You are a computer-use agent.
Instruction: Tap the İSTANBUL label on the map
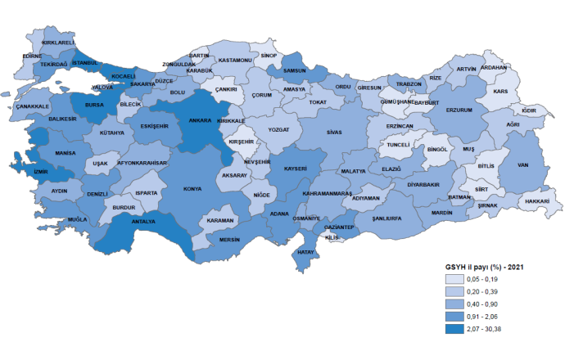click(x=85, y=62)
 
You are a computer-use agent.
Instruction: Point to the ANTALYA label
click(x=142, y=220)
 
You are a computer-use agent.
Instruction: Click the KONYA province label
click(x=193, y=189)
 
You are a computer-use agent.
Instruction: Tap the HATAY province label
click(x=305, y=252)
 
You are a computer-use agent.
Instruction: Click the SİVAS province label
click(x=332, y=131)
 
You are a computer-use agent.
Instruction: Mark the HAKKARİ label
click(x=536, y=200)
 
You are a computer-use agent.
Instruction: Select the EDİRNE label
click(x=32, y=56)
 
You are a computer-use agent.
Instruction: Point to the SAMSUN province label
click(x=294, y=71)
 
